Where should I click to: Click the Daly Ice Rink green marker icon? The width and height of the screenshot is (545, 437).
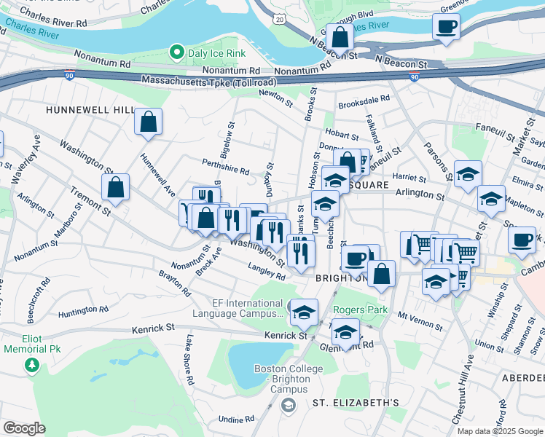tap(176, 52)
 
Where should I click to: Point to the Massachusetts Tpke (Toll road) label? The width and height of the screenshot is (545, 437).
tap(209, 81)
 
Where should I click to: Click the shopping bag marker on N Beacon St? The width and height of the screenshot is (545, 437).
tap(340, 36)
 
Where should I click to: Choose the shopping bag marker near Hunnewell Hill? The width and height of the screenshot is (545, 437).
tap(148, 122)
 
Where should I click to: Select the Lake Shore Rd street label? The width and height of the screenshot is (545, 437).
tap(189, 361)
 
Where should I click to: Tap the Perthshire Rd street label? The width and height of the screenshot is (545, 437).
tap(225, 167)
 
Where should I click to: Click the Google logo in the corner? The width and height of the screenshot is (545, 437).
tap(24, 428)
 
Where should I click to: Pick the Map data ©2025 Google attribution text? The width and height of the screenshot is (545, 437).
tap(500, 431)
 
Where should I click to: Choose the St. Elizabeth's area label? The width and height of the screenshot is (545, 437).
tap(356, 403)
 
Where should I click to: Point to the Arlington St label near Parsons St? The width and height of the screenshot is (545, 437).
tap(419, 195)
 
